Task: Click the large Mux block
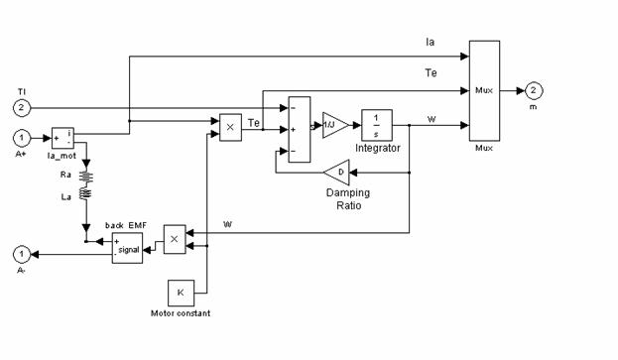pos(484,90)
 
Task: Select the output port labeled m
pos(533,90)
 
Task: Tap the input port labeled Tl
pos(22,107)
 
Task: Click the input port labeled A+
pos(22,138)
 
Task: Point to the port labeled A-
pos(22,253)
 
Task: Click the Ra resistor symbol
pos(86,180)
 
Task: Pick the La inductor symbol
pos(86,209)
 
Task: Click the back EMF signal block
pos(127,249)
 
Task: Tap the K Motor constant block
pos(180,293)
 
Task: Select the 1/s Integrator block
pos(377,125)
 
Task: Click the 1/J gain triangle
pos(334,125)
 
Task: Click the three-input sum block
pos(297,128)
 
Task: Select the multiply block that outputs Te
pos(230,127)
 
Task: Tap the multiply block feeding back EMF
pos(175,239)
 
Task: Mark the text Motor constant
pos(180,313)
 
